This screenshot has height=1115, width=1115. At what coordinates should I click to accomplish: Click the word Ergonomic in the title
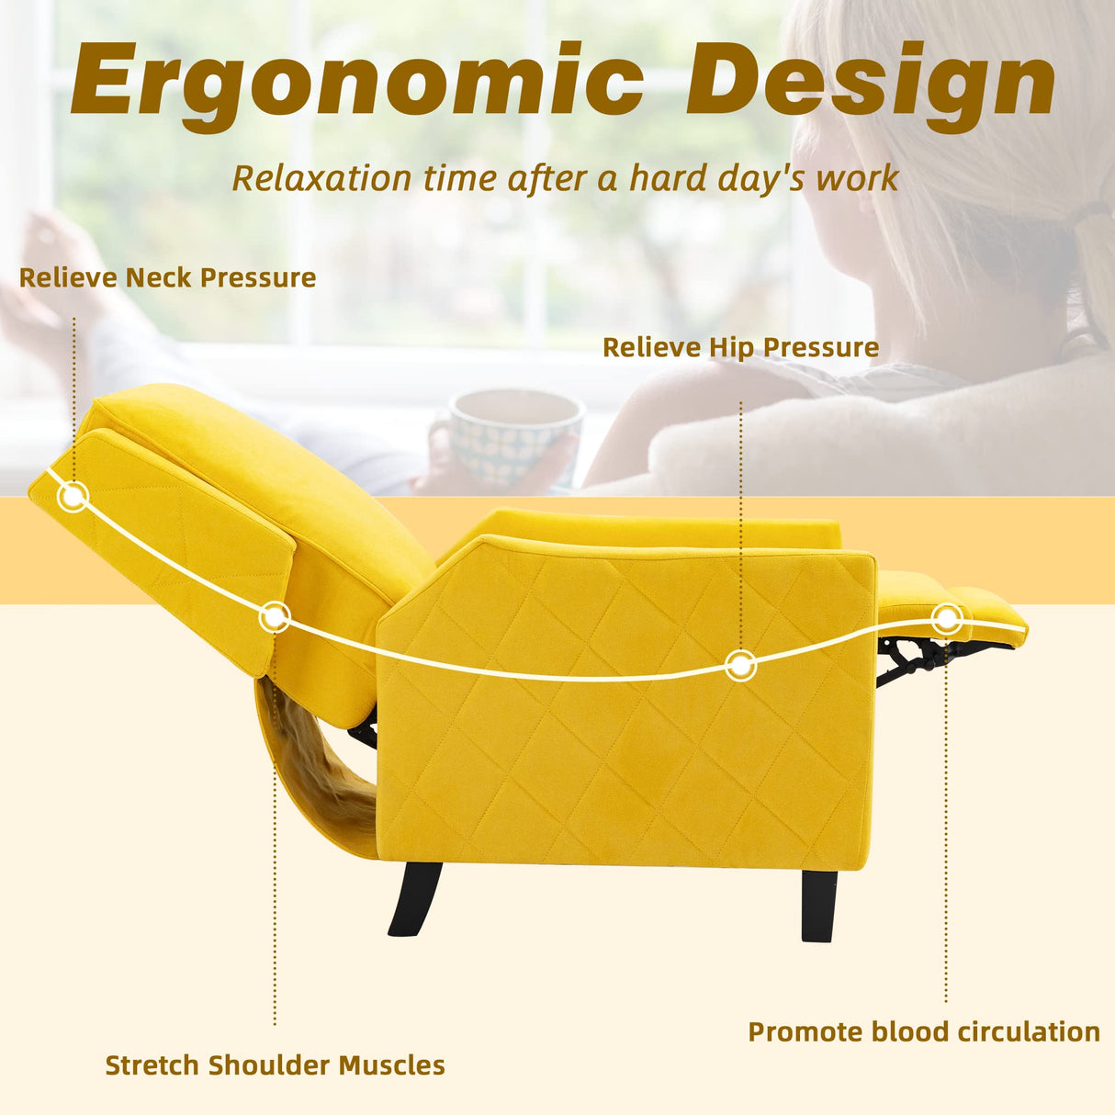[x=358, y=81]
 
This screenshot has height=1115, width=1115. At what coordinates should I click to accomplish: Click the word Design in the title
[x=871, y=81]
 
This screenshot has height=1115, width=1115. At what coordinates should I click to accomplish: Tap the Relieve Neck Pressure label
[x=167, y=277]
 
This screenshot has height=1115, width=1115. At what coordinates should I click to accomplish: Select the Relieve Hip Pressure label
[x=740, y=347]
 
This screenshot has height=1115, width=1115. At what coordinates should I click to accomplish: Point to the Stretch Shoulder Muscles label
[x=275, y=1065]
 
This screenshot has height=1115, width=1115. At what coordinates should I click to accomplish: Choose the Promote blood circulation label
[x=924, y=1032]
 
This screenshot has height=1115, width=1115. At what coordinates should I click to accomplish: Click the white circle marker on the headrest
[x=73, y=497]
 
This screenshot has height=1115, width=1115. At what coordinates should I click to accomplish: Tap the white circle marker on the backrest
[x=274, y=617]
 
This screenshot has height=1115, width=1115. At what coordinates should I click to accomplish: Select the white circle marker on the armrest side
[x=740, y=664]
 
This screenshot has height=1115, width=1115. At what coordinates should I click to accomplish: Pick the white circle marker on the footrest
[x=947, y=618]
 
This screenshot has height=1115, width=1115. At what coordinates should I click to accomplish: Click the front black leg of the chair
[x=819, y=904]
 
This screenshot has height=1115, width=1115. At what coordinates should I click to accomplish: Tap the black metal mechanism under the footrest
[x=918, y=654]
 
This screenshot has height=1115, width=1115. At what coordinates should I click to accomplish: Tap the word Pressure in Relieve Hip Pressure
[x=821, y=347]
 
